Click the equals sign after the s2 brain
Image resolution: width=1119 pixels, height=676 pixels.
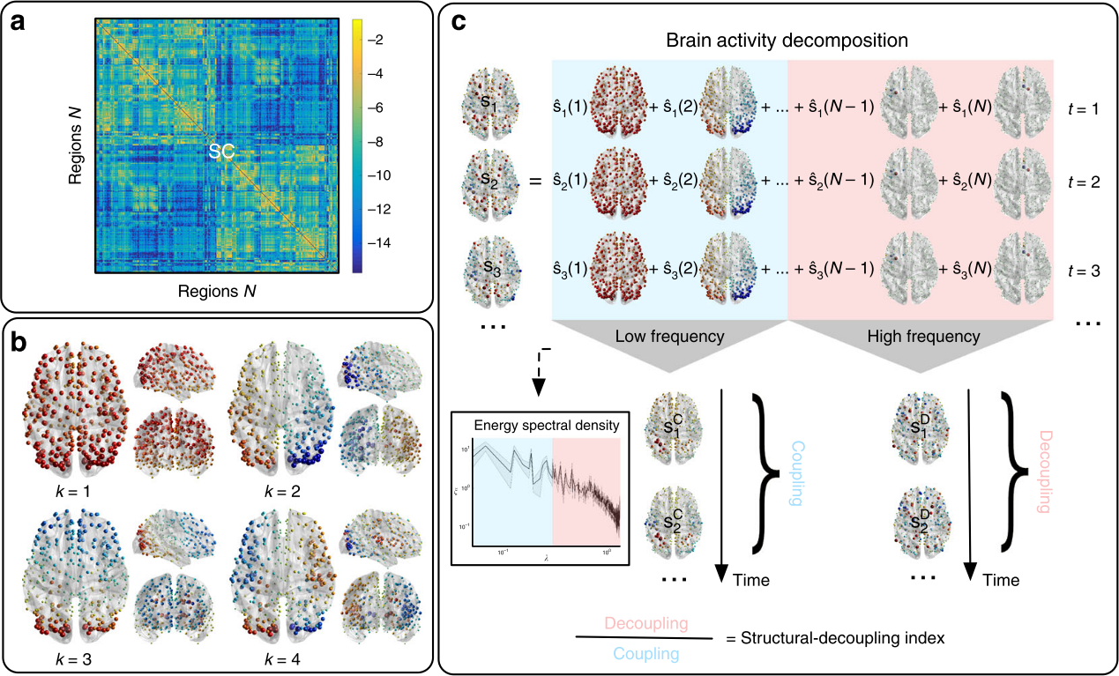click(534, 183)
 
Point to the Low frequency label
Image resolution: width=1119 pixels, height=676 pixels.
click(671, 336)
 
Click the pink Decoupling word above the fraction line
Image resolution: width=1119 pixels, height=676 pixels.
click(645, 623)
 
